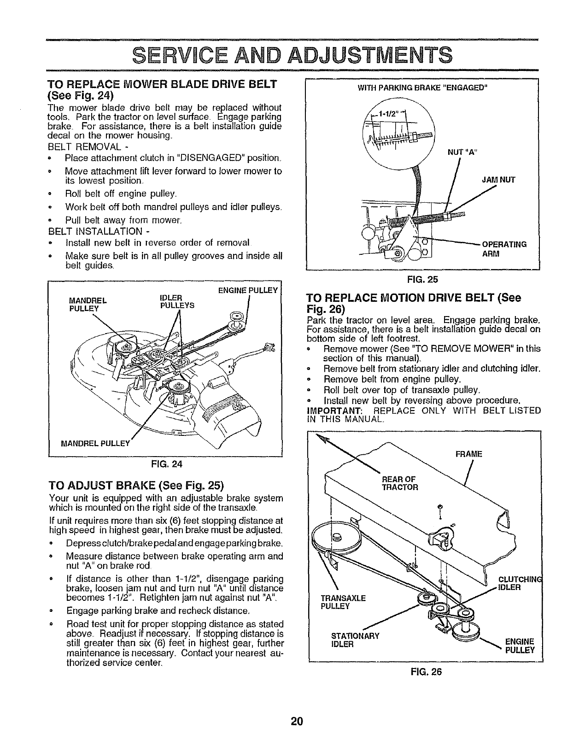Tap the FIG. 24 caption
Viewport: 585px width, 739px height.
170,464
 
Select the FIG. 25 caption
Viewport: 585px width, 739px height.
425,279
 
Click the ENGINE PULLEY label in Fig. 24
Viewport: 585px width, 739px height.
248,290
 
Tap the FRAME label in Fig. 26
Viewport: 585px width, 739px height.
468,454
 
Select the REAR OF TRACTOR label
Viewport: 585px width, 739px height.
399,483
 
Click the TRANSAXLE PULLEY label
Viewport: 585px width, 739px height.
343,602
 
